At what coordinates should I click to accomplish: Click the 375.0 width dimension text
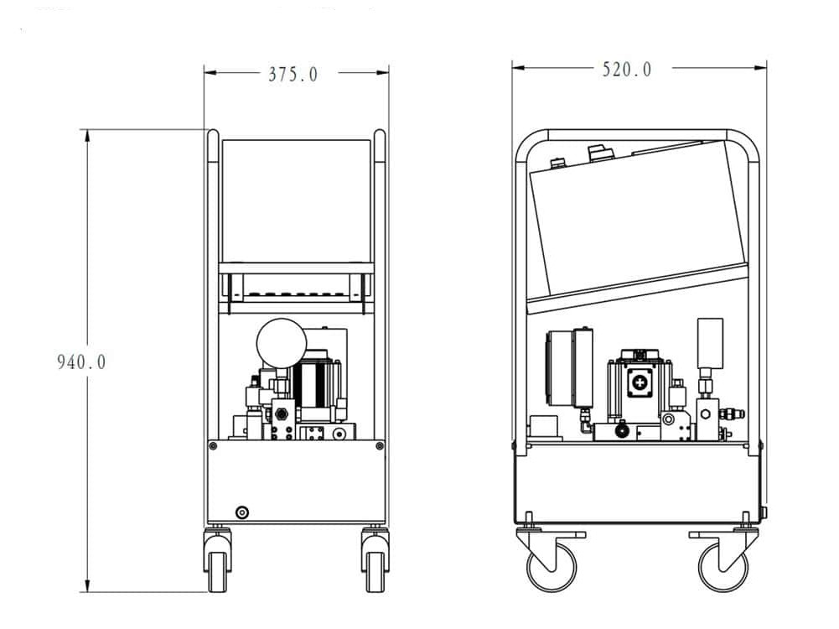(x=293, y=74)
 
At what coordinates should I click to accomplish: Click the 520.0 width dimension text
(x=627, y=70)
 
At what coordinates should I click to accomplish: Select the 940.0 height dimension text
(x=82, y=361)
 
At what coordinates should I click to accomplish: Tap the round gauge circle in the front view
(x=282, y=343)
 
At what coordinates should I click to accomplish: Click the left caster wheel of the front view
(x=217, y=570)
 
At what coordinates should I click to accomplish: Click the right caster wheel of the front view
(x=375, y=570)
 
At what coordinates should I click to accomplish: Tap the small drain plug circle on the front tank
(x=242, y=512)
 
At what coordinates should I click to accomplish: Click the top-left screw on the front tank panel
(x=213, y=445)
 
